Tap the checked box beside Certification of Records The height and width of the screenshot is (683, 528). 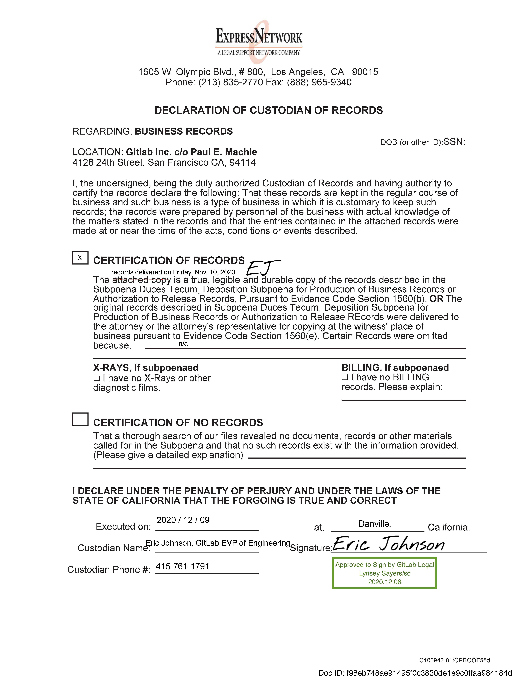point(80,258)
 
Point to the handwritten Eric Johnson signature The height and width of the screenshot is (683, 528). point(388,544)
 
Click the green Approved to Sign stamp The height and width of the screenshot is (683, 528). point(384,573)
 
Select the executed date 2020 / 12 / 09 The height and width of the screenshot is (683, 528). point(183,520)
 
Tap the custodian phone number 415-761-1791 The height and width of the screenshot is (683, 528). point(182,566)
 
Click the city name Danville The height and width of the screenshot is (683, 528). point(374,524)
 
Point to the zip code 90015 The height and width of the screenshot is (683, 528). point(365,72)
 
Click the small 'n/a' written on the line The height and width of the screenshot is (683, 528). point(183,344)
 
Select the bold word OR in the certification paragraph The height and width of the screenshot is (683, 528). point(436,299)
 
